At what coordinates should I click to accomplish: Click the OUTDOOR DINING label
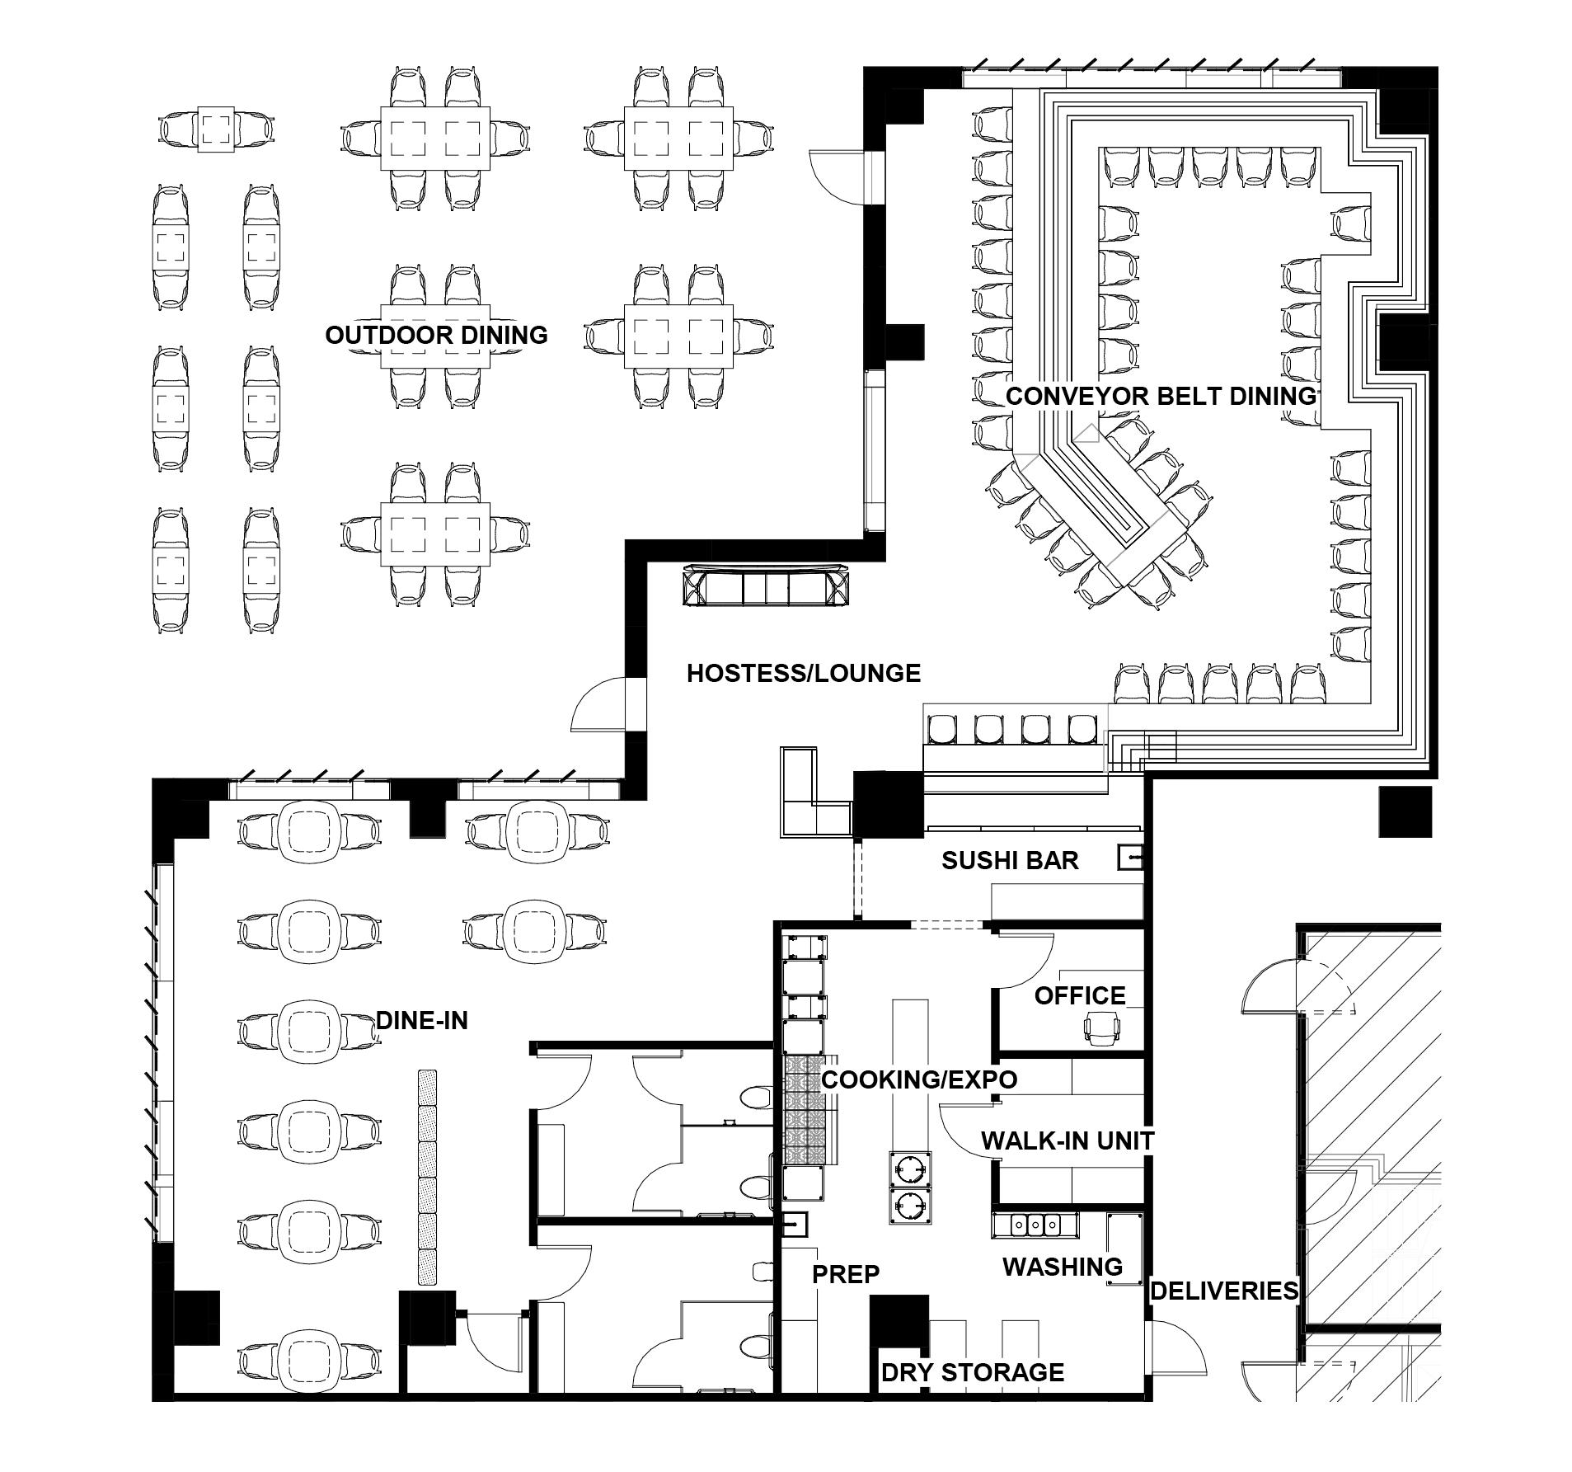(436, 335)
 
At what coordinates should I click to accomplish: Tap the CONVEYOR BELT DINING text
(1161, 396)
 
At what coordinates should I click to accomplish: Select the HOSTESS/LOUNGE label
(803, 673)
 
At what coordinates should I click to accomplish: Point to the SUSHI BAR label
(1010, 861)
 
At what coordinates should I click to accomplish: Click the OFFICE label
(1080, 995)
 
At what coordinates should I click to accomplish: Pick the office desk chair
(1103, 1029)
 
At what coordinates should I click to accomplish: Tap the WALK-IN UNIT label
(1068, 1140)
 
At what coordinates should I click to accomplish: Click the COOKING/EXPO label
(919, 1079)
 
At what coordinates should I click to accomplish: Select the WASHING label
(1062, 1267)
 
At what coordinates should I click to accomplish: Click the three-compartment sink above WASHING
(1035, 1225)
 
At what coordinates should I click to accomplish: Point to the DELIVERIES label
(1223, 1291)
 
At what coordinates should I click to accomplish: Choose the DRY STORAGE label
(973, 1372)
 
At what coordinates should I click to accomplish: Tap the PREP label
(846, 1274)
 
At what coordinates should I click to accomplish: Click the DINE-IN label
(422, 1021)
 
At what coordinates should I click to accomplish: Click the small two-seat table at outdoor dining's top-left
(217, 129)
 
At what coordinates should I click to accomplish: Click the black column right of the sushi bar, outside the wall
(1405, 811)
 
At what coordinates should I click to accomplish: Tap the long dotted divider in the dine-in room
(427, 1177)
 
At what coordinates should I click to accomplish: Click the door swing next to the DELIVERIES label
(1179, 1349)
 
